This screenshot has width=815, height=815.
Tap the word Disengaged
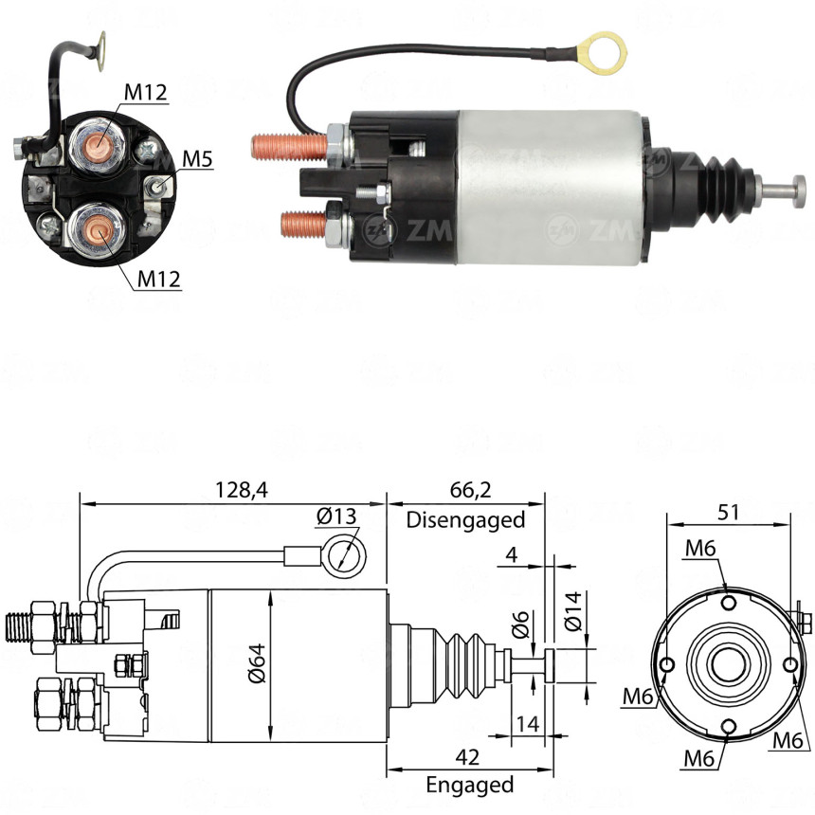pos(465,519)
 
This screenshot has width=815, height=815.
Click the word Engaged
pos(469,785)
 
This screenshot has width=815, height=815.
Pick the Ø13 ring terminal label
pos(337,516)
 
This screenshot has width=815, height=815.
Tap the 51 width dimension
pos(729,512)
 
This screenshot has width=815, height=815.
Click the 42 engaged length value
pos(465,757)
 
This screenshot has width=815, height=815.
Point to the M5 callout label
pos(197,158)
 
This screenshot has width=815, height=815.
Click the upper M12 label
pos(145,92)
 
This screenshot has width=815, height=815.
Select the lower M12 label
pos(158,279)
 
